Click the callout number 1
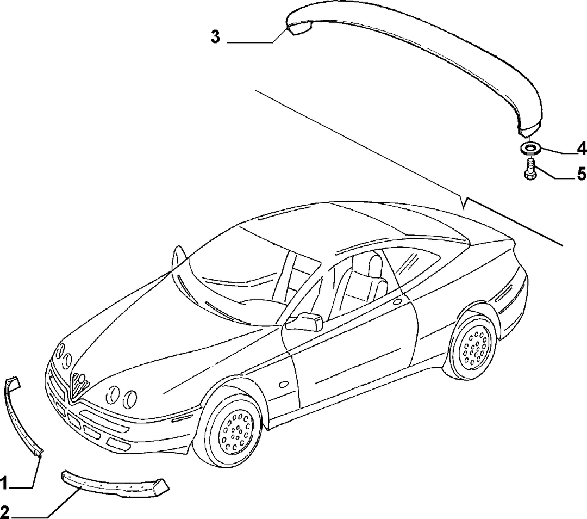tap(4, 484)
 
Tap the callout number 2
tap(4, 512)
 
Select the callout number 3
tap(215, 37)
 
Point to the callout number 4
tap(581, 149)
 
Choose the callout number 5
tap(582, 174)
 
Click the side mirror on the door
tap(305, 322)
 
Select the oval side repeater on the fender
tap(284, 384)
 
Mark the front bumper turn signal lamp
tap(182, 418)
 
